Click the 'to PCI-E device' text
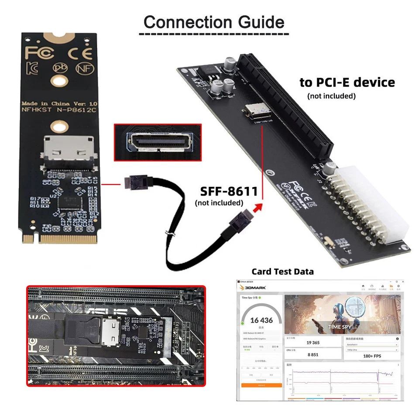click(x=347, y=82)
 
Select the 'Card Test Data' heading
click(x=282, y=271)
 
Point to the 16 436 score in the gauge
click(x=261, y=320)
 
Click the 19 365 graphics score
click(x=313, y=343)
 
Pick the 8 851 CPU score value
click(x=313, y=355)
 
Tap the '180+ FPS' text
click(x=372, y=356)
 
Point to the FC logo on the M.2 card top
click(x=39, y=52)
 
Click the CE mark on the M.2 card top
click(x=80, y=53)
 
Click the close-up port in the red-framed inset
click(x=157, y=143)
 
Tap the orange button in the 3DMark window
click(x=261, y=385)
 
